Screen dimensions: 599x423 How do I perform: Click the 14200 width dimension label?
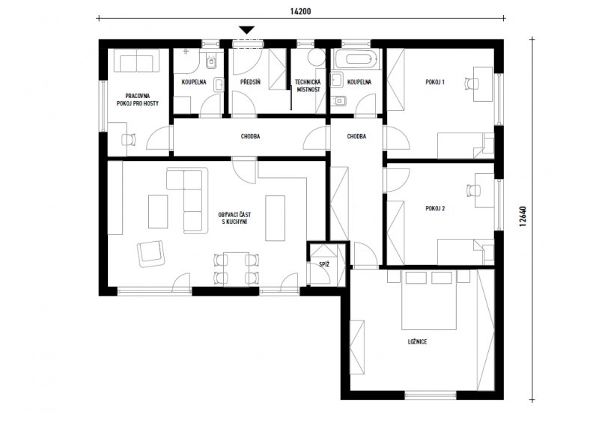click(x=300, y=11)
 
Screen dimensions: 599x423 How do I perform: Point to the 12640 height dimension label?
click(x=523, y=217)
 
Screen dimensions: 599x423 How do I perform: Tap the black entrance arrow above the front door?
click(x=247, y=30)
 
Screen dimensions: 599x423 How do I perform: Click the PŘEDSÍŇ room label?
click(x=251, y=82)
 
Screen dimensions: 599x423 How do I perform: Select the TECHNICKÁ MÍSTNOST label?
click(x=308, y=86)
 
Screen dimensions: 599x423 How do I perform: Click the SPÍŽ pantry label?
click(x=324, y=264)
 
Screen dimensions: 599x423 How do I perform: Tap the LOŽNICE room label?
click(x=417, y=341)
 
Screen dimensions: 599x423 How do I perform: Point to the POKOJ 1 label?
click(x=435, y=82)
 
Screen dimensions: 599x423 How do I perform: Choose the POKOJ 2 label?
click(x=435, y=208)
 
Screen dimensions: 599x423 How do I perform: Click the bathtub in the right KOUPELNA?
click(x=359, y=59)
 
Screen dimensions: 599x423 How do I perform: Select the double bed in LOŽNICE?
click(x=429, y=300)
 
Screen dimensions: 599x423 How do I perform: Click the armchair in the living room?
click(x=151, y=254)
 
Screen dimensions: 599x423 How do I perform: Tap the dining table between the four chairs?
click(x=236, y=269)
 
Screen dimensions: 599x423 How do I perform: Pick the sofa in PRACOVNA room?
click(x=136, y=61)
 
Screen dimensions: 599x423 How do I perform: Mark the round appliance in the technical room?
click(x=316, y=57)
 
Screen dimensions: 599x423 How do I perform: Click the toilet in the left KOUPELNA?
click(x=211, y=61)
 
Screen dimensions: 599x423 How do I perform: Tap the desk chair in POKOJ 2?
click(x=473, y=190)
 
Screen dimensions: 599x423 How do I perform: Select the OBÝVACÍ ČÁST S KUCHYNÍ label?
click(x=234, y=218)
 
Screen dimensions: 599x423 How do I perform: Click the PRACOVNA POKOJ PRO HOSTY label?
click(x=138, y=100)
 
